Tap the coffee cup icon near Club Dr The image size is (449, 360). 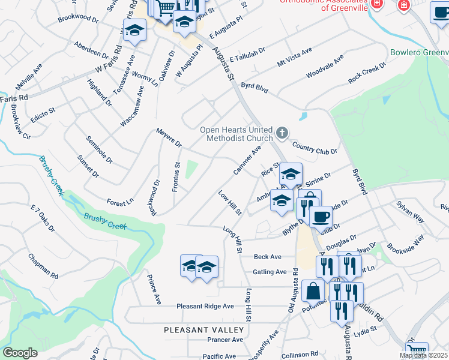321,216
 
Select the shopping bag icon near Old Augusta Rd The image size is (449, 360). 313,292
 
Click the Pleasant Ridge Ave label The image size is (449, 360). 205,306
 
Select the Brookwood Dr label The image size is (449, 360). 78,19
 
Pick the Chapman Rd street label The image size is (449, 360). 43,266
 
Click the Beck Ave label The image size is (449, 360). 268,257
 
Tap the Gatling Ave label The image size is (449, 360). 270,272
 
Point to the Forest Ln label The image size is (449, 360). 119,203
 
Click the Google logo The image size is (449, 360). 20,353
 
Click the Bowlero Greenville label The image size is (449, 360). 419,52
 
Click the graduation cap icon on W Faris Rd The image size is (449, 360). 134,31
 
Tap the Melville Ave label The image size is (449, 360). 29,78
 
